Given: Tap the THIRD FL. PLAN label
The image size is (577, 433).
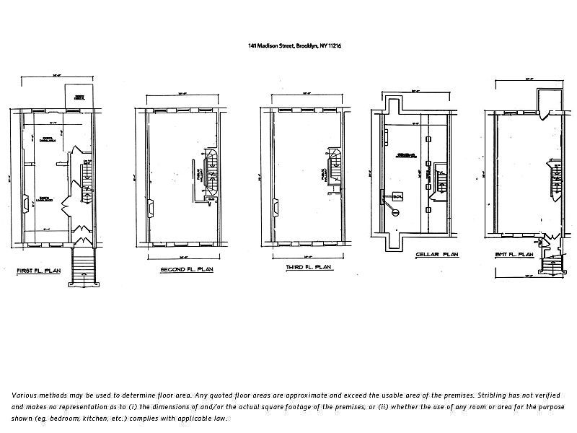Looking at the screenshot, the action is click(308, 268).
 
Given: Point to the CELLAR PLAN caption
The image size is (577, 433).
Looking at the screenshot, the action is click(437, 255).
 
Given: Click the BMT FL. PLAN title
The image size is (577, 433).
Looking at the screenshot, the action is click(514, 255).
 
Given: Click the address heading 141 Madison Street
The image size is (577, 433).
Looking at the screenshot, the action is click(294, 45).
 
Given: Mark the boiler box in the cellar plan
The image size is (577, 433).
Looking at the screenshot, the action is click(397, 196).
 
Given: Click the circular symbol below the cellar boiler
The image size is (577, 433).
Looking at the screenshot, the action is click(395, 211).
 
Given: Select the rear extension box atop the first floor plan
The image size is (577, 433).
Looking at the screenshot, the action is click(78, 95).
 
